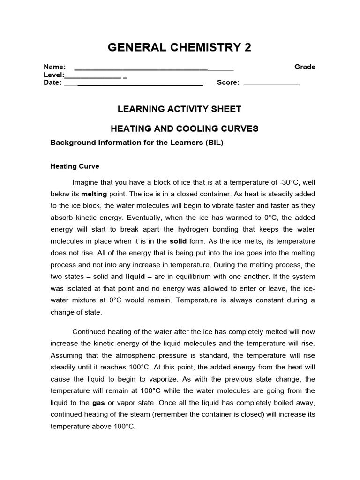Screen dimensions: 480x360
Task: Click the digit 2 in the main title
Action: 246,47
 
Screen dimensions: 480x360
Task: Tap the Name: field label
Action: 54,67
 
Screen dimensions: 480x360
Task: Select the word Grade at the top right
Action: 305,67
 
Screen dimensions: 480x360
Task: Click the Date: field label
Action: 52,83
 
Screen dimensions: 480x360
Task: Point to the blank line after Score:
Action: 271,83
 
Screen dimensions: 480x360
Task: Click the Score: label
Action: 228,83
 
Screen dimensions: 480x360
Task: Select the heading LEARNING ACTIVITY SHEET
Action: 179,109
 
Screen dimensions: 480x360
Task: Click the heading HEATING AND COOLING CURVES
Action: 184,128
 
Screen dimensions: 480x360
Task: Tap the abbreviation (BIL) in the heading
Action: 214,142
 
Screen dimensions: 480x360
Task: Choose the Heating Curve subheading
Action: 75,166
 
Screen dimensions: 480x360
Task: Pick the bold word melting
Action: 94,194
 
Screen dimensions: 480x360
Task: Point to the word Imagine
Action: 86,182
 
